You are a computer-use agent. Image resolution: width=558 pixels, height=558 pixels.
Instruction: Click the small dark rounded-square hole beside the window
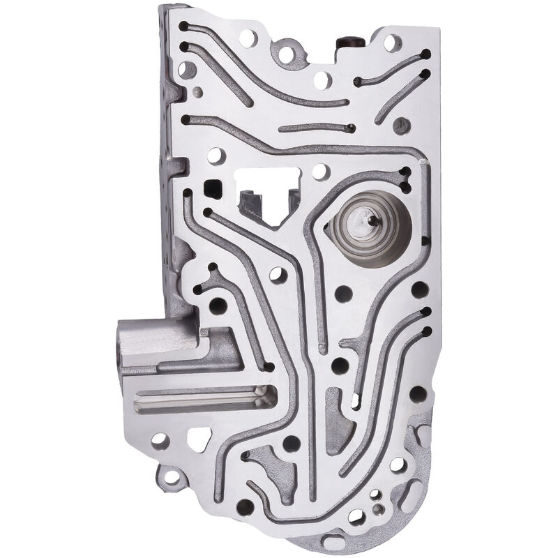(213, 187)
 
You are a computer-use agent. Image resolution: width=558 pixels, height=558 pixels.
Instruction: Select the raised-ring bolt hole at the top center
(286, 52)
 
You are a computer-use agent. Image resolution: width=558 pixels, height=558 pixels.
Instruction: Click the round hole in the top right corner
(392, 42)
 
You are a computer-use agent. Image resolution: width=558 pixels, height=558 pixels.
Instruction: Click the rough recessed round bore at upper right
(402, 126)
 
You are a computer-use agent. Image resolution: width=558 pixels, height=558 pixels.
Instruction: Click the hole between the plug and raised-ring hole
(322, 78)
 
